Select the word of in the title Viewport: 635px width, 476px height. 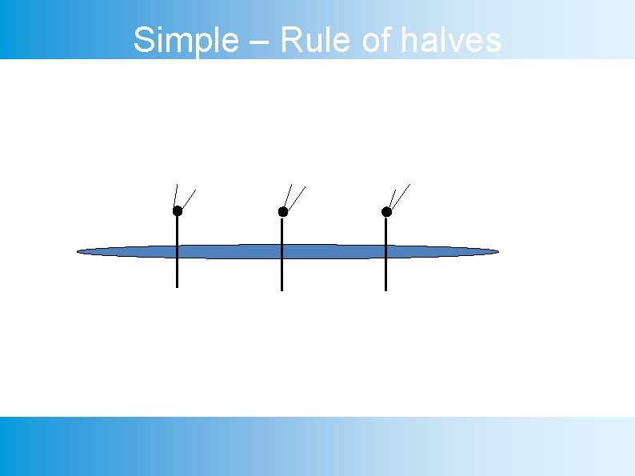pyautogui.click(x=375, y=40)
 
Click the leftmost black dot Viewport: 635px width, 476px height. pyautogui.click(x=178, y=211)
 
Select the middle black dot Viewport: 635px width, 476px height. pyautogui.click(x=282, y=212)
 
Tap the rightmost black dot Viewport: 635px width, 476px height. pyautogui.click(x=386, y=212)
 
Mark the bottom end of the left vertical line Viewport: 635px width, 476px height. pyautogui.click(x=178, y=286)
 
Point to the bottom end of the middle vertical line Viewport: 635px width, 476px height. pyautogui.click(x=282, y=290)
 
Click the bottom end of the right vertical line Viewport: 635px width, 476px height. pyautogui.click(x=385, y=290)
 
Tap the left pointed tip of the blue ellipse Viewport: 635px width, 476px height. pyautogui.click(x=78, y=253)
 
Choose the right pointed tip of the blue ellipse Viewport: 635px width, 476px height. pyautogui.click(x=497, y=252)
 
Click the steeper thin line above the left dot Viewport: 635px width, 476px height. pyautogui.click(x=175, y=194)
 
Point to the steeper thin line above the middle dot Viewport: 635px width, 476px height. pyautogui.click(x=289, y=194)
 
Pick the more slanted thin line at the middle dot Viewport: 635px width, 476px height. pyautogui.click(x=297, y=196)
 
